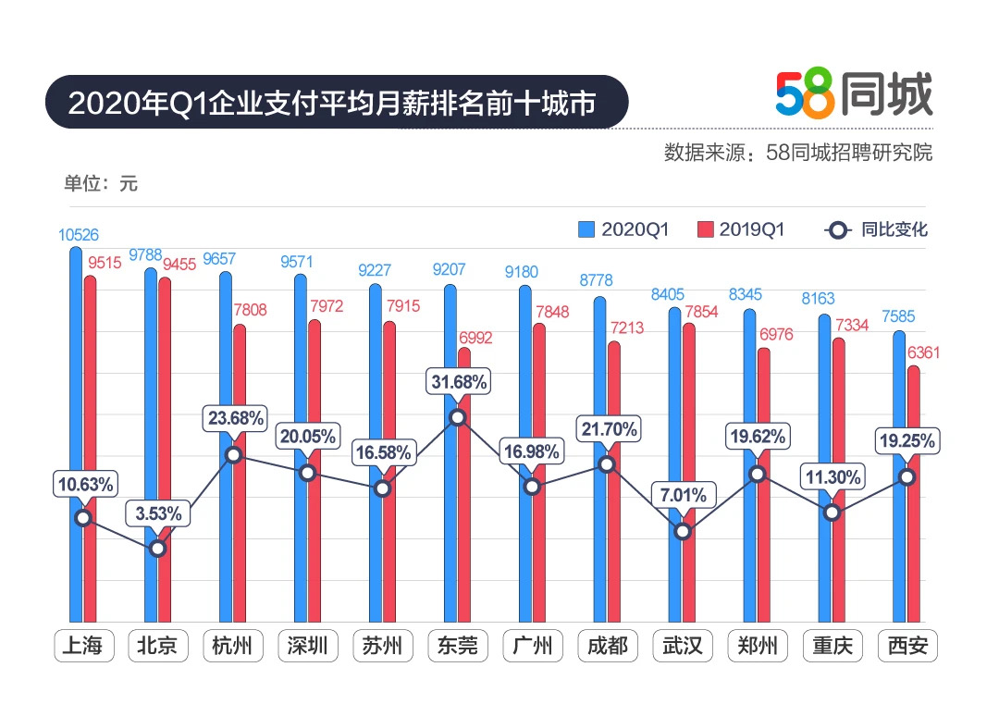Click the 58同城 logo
coord(853,94)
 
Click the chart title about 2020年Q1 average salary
coord(332,102)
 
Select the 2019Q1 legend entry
coord(740,229)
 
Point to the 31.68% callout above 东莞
coord(457,380)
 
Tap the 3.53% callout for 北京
coord(159,513)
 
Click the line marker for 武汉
coord(683,531)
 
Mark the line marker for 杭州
coord(233,455)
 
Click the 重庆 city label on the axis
coord(832,645)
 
